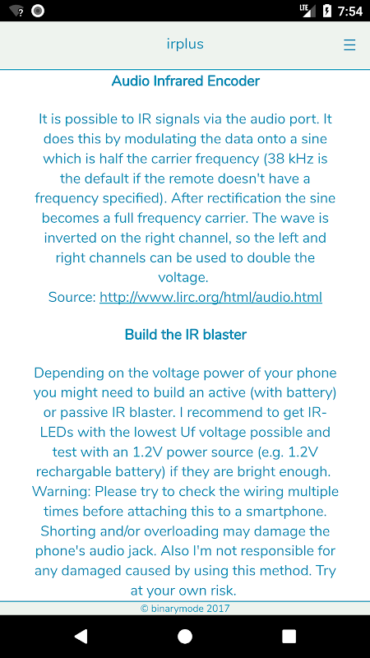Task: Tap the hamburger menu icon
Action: (349, 44)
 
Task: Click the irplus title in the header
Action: (185, 44)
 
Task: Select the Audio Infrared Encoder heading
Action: (186, 81)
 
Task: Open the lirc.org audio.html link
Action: (210, 297)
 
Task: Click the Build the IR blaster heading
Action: (186, 334)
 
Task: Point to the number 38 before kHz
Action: (271, 158)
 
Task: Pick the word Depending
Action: (65, 373)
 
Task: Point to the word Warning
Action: (58, 491)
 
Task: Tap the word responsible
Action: (268, 551)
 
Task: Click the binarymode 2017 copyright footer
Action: (185, 608)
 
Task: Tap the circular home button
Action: (185, 636)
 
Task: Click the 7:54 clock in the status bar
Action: (349, 12)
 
